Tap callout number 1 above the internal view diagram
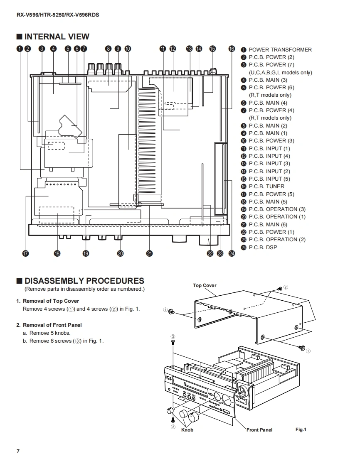(x=20, y=49)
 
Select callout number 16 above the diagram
(x=232, y=49)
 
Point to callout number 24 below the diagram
(x=232, y=253)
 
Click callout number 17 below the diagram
(x=26, y=253)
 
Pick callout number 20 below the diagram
(x=120, y=253)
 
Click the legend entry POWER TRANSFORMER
(x=280, y=49)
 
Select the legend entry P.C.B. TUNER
(x=266, y=186)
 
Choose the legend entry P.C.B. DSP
(x=263, y=247)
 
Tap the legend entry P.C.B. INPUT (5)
(x=269, y=179)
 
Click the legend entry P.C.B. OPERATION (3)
(x=277, y=209)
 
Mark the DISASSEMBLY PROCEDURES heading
(x=84, y=281)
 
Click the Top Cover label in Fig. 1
(x=205, y=285)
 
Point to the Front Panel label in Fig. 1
(x=259, y=430)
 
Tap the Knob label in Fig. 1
(x=187, y=430)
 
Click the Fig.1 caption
(x=301, y=429)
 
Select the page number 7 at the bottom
(x=18, y=451)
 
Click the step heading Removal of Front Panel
(x=52, y=325)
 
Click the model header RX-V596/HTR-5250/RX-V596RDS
(x=58, y=15)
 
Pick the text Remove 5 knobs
(x=50, y=333)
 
